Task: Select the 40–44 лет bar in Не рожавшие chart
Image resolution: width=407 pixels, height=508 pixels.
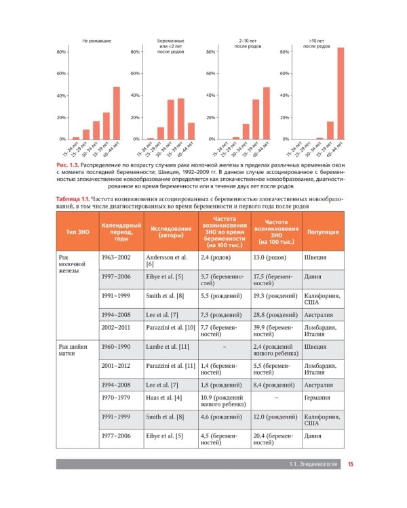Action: (x=117, y=113)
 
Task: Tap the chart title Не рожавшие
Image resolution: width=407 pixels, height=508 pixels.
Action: (x=96, y=41)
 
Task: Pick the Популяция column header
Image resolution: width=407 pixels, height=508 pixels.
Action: (x=323, y=232)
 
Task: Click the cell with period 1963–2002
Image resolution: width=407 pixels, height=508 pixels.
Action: (x=116, y=257)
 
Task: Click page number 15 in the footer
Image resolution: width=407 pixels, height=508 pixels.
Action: (x=351, y=465)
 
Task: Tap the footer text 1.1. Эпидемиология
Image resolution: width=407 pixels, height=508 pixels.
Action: (x=313, y=465)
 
